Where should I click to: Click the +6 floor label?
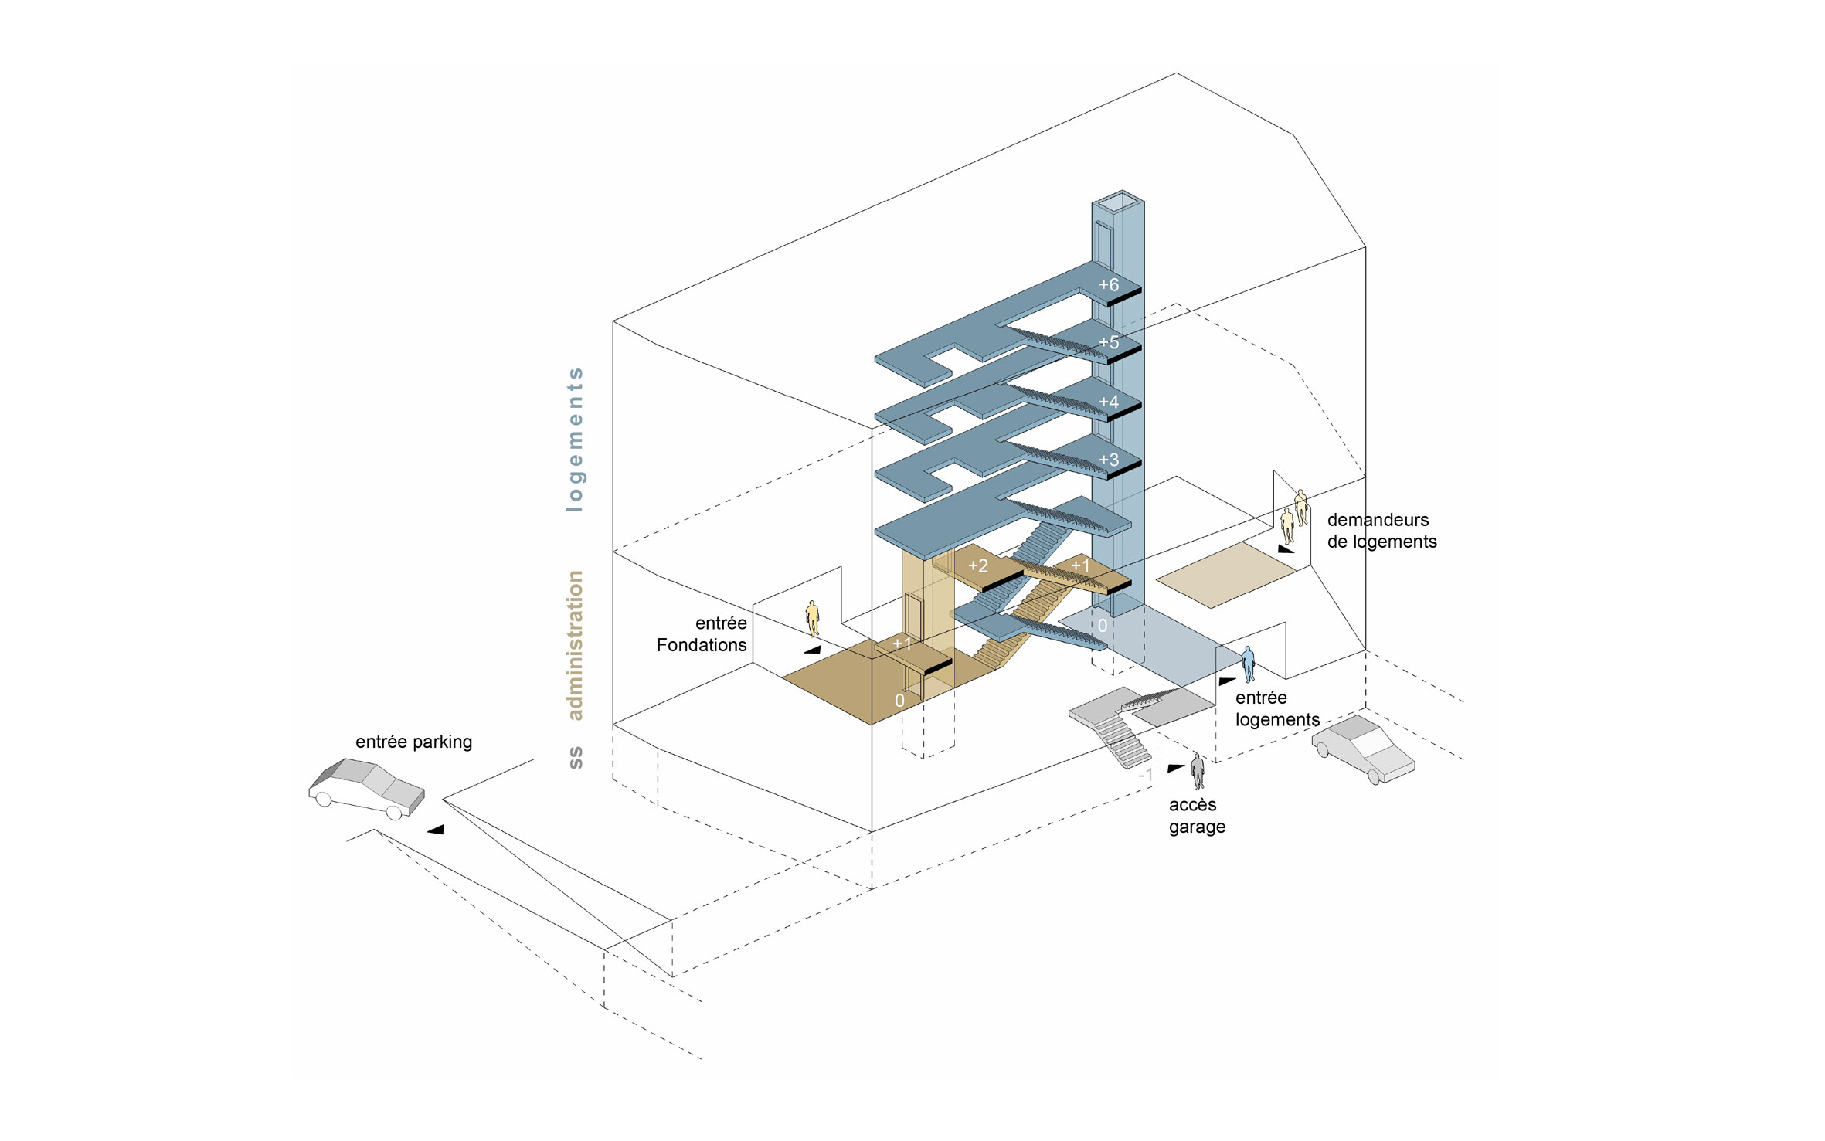click(x=1109, y=285)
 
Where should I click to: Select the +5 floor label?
click(x=1109, y=342)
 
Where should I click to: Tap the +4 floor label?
click(x=1109, y=402)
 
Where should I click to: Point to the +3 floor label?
click(x=1109, y=460)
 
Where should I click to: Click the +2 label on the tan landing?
click(x=978, y=565)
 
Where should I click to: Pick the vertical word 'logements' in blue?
click(x=575, y=440)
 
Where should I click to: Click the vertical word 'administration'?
click(x=575, y=645)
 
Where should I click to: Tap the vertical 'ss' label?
click(x=575, y=757)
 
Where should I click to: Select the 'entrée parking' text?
click(x=413, y=742)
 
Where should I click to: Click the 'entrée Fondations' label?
click(x=702, y=634)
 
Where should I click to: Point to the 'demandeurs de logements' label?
click(x=1381, y=531)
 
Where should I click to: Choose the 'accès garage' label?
click(x=1197, y=816)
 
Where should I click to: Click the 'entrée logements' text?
click(x=1277, y=708)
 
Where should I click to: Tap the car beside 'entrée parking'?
click(x=367, y=788)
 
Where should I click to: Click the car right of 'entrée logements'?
click(x=1363, y=749)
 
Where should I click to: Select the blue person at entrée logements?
click(x=1248, y=664)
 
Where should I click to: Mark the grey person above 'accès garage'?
click(x=1198, y=771)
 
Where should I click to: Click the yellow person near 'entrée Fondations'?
click(x=812, y=618)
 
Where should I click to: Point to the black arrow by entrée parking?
click(x=436, y=830)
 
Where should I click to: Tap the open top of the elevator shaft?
click(x=1118, y=202)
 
